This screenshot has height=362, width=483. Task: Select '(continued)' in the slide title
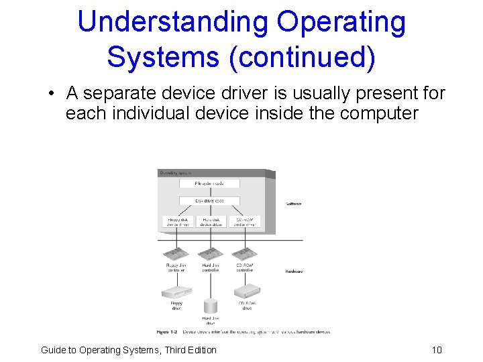click(302, 57)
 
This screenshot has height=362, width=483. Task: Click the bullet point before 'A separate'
click(52, 94)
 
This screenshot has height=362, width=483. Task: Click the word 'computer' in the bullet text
click(379, 113)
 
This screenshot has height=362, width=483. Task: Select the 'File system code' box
click(209, 183)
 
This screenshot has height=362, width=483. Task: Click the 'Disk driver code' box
click(209, 200)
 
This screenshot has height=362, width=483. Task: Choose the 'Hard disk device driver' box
click(211, 222)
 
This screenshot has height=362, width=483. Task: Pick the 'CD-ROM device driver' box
click(245, 222)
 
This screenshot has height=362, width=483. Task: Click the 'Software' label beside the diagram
click(294, 203)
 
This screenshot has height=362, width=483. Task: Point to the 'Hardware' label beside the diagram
click(294, 271)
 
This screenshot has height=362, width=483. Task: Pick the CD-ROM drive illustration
click(247, 291)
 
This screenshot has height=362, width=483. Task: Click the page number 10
click(437, 350)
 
